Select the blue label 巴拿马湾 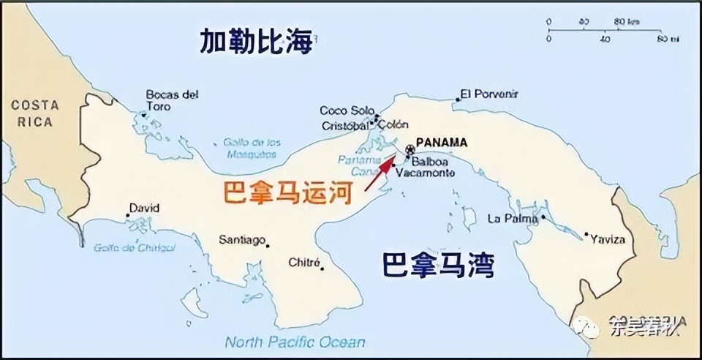(437, 265)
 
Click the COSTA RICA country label (34, 114)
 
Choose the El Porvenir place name (489, 94)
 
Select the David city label (144, 209)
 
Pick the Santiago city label (242, 240)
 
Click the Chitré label (304, 262)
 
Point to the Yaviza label (608, 239)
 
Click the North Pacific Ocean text (295, 342)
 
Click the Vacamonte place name (424, 173)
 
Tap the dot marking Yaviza (586, 235)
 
